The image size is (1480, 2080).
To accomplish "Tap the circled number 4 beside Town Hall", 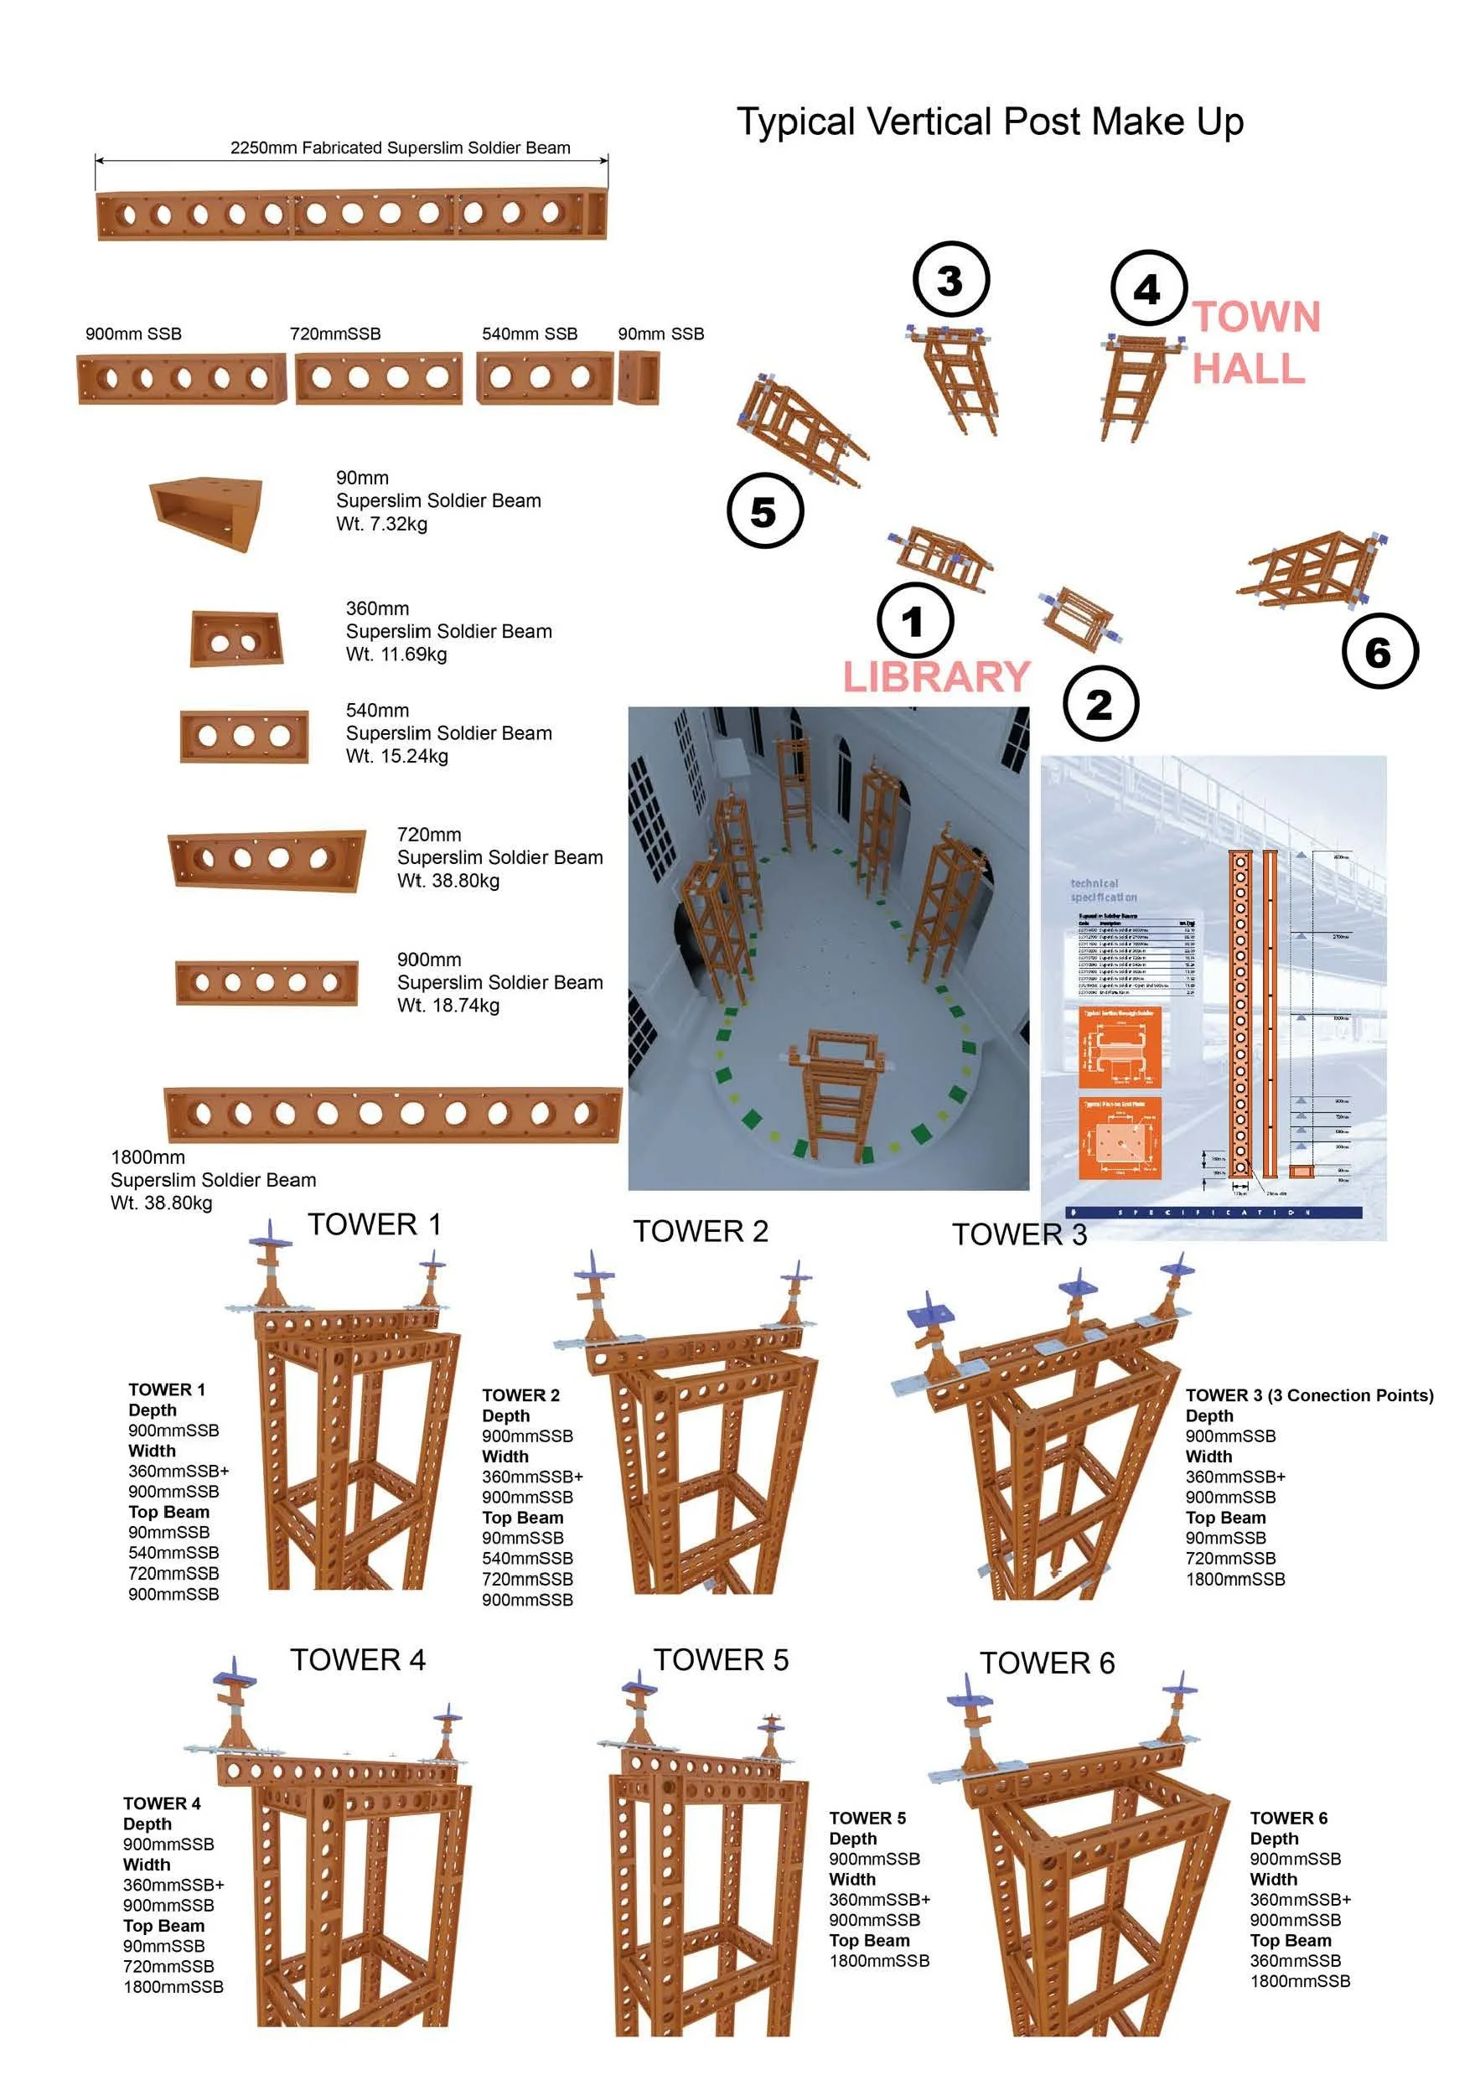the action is point(1148,289).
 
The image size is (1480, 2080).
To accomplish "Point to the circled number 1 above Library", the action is point(915,623).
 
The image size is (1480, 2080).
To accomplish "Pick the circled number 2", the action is point(1100,704).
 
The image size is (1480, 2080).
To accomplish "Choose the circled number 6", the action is point(1379,651).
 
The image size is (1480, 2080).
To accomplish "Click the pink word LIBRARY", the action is point(936,678).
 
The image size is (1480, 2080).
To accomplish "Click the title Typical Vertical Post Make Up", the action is point(990,122).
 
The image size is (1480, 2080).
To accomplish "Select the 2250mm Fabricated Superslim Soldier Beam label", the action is point(400,147).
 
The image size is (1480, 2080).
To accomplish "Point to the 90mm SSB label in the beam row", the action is point(660,334).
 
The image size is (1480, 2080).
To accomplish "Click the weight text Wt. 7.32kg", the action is point(382,524).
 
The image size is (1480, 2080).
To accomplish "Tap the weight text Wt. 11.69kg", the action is point(396,655).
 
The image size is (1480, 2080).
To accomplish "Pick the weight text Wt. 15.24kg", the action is point(397,756).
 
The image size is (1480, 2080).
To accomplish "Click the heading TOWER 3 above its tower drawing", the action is point(1019,1234).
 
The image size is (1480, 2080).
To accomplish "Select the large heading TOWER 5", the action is point(720,1660).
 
